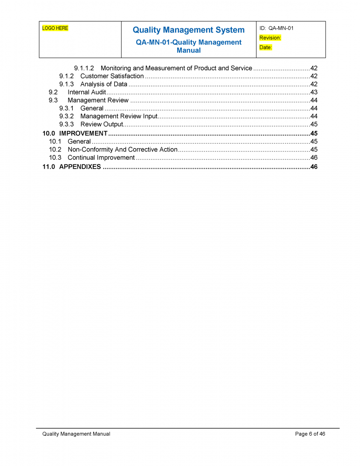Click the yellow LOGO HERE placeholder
pos(55,28)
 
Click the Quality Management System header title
pos(188,30)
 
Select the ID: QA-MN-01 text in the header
pos(276,28)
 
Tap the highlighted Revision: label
pos(270,38)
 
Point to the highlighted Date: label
pos(265,48)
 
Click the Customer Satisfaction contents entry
pos(112,76)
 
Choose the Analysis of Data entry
pos(104,84)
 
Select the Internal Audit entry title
pos(87,92)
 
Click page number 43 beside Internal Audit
pos(314,92)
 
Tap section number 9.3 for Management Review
pos(53,100)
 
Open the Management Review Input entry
pos(119,116)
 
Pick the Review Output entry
pos(101,124)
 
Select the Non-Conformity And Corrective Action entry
pos(123,150)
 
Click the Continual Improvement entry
pos(101,158)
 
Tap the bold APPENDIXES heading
pos(80,167)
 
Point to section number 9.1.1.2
pos(84,68)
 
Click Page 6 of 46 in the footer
pos(310,434)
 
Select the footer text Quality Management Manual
pos(76,434)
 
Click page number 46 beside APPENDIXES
pos(314,167)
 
